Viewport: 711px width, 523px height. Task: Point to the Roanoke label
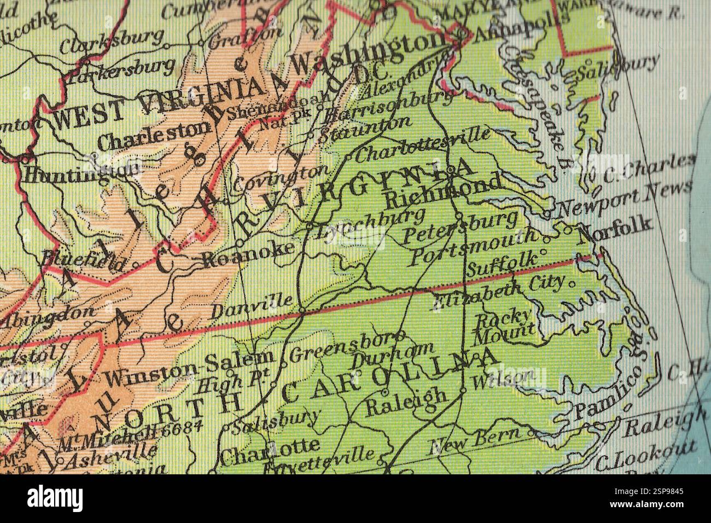[249, 255]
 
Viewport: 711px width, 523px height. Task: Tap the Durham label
[393, 355]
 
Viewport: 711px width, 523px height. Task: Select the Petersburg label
[459, 228]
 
